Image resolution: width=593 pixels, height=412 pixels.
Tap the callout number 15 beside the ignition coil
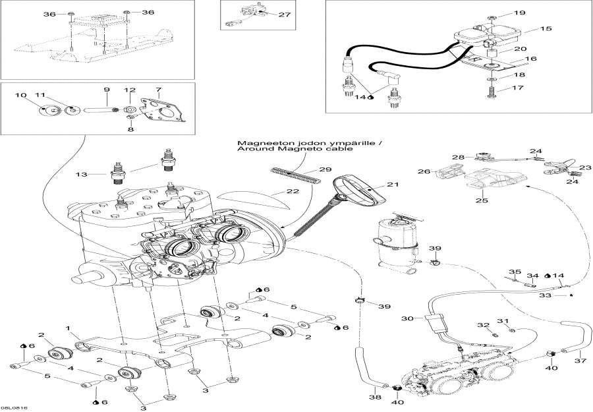[546, 29]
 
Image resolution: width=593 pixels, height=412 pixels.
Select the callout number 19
[538, 13]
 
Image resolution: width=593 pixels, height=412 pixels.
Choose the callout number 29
[325, 170]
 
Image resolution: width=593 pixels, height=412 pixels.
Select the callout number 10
[20, 95]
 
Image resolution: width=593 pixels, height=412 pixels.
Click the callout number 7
[158, 89]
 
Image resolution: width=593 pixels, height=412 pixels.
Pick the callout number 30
[408, 318]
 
